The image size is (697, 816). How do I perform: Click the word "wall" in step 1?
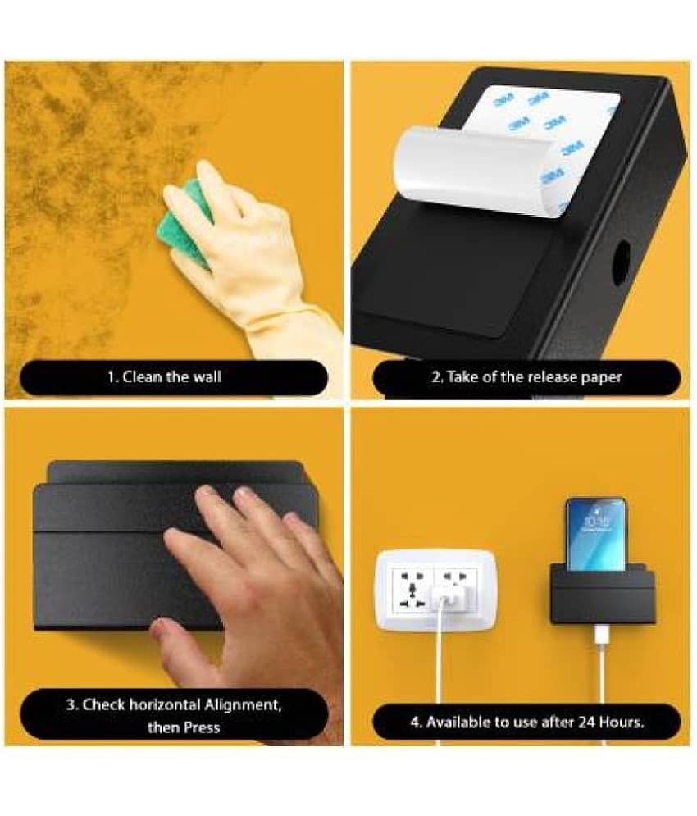coord(207,376)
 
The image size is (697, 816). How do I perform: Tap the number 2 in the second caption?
coord(436,376)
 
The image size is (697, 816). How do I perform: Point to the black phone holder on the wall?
coord(602,596)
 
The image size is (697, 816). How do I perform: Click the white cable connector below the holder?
coord(601,637)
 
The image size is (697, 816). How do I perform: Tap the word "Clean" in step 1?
coord(142,376)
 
